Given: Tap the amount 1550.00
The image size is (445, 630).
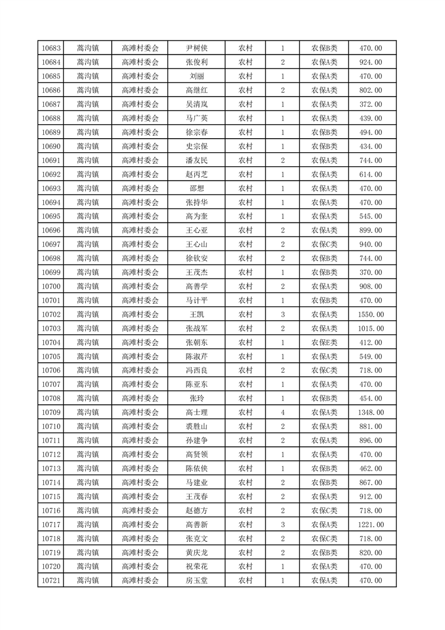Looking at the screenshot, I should click(x=370, y=314).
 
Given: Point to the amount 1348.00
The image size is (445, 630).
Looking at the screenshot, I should click(x=370, y=413).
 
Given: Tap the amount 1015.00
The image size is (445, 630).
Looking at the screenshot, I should click(x=370, y=328).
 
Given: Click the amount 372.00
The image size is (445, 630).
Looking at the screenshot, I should click(x=370, y=104).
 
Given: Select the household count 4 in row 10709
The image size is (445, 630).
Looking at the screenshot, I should click(x=282, y=413).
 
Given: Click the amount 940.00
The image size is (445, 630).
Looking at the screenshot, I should click(x=370, y=244).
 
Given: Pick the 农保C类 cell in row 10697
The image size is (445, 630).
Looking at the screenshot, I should click(x=324, y=244).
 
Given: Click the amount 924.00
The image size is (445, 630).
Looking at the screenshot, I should click(x=370, y=62).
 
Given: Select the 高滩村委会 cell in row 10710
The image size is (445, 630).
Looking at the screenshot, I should click(x=140, y=427).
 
